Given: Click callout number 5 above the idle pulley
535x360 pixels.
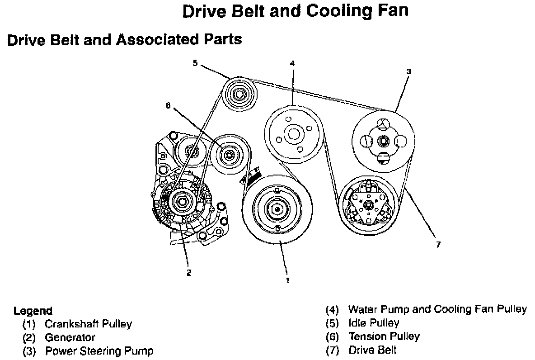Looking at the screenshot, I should (195, 63).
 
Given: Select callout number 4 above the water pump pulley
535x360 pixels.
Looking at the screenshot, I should (292, 63).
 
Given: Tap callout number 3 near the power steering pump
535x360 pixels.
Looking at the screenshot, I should (408, 71).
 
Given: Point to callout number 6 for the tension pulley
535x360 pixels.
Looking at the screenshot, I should (169, 106).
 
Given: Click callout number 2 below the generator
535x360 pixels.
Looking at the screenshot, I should (189, 273).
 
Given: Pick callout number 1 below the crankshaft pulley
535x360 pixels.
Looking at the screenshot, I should (286, 280).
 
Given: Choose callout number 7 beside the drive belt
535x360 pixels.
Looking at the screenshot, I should (438, 245).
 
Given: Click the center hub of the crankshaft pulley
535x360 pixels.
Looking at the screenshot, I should (276, 209).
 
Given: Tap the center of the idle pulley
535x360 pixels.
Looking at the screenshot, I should (240, 95).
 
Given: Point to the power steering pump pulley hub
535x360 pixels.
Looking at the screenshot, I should (383, 141).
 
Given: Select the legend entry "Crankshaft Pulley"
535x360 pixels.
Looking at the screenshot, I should (88, 324).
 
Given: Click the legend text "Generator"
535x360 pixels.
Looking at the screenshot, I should (70, 337).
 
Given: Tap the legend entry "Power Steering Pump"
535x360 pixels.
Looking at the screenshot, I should (99, 351).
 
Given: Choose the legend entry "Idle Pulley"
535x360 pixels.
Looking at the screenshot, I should (374, 323).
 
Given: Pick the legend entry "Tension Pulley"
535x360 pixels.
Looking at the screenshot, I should (384, 336).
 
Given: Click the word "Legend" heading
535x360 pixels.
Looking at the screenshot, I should (33, 311).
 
